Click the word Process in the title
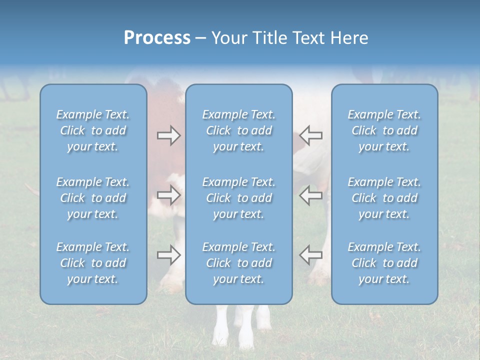pyautogui.click(x=157, y=38)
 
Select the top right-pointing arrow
pyautogui.click(x=168, y=135)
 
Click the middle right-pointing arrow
pyautogui.click(x=168, y=195)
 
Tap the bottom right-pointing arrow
pyautogui.click(x=168, y=254)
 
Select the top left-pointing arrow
pyautogui.click(x=310, y=135)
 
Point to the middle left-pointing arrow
pyautogui.click(x=310, y=195)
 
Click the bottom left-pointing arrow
pyautogui.click(x=310, y=254)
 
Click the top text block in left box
pyautogui.click(x=93, y=130)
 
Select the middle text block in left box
pyautogui.click(x=93, y=198)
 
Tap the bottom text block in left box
pyautogui.click(x=93, y=263)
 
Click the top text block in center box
pyautogui.click(x=239, y=130)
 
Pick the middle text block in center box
pyautogui.click(x=239, y=198)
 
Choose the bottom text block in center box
pyautogui.click(x=239, y=263)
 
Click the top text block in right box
pyautogui.click(x=384, y=130)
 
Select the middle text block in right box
pyautogui.click(x=384, y=198)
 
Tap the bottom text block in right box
pyautogui.click(x=384, y=263)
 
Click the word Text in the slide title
pyautogui.click(x=308, y=38)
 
